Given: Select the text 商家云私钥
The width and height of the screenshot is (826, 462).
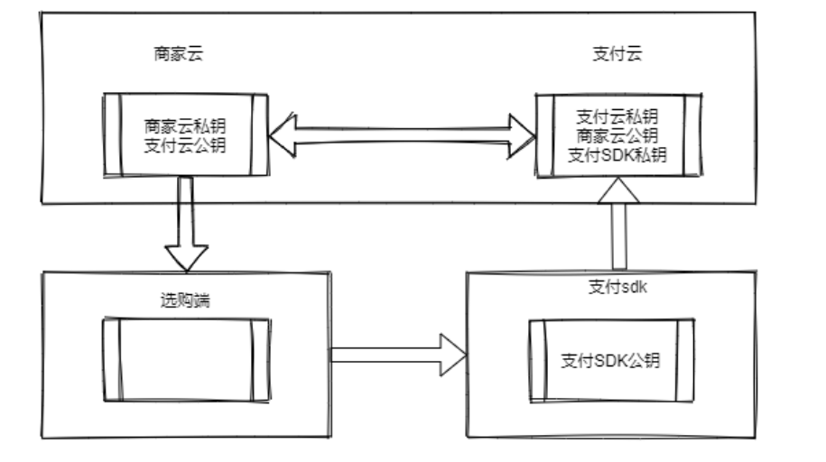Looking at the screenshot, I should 188,125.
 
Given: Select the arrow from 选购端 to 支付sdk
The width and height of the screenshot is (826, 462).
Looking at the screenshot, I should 397,354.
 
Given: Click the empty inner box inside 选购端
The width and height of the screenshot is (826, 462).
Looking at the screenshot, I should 187,359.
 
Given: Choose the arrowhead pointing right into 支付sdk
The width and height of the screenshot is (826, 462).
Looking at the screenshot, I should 452,354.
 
